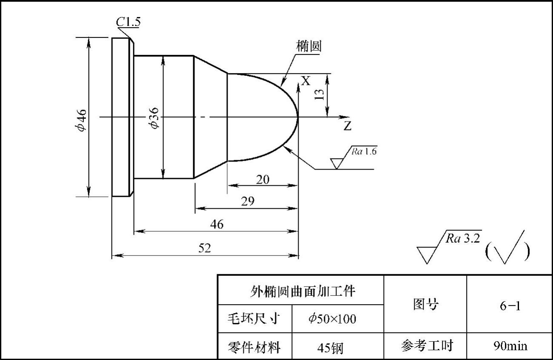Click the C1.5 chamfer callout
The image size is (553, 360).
click(128, 22)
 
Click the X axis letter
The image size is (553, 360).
click(305, 80)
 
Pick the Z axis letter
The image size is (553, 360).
click(347, 126)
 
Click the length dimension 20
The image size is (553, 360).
click(262, 180)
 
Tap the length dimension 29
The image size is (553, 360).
click(247, 201)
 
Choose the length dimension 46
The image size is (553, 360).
click(217, 224)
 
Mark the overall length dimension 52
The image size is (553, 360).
click(205, 249)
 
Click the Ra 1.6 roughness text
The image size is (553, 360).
click(364, 152)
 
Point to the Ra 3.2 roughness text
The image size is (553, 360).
click(463, 238)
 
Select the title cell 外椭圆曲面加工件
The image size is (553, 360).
click(302, 291)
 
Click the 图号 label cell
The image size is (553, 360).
click(426, 304)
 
